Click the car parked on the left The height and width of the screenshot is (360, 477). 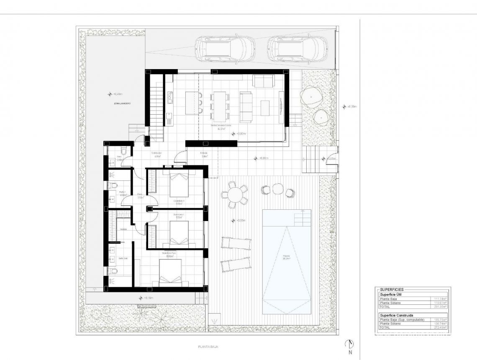(225, 48)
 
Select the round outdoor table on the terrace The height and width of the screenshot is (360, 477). (235, 195)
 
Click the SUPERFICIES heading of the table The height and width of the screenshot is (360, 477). (392, 289)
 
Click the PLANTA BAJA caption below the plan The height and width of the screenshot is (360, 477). (208, 347)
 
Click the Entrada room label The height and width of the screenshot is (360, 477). (204, 153)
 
